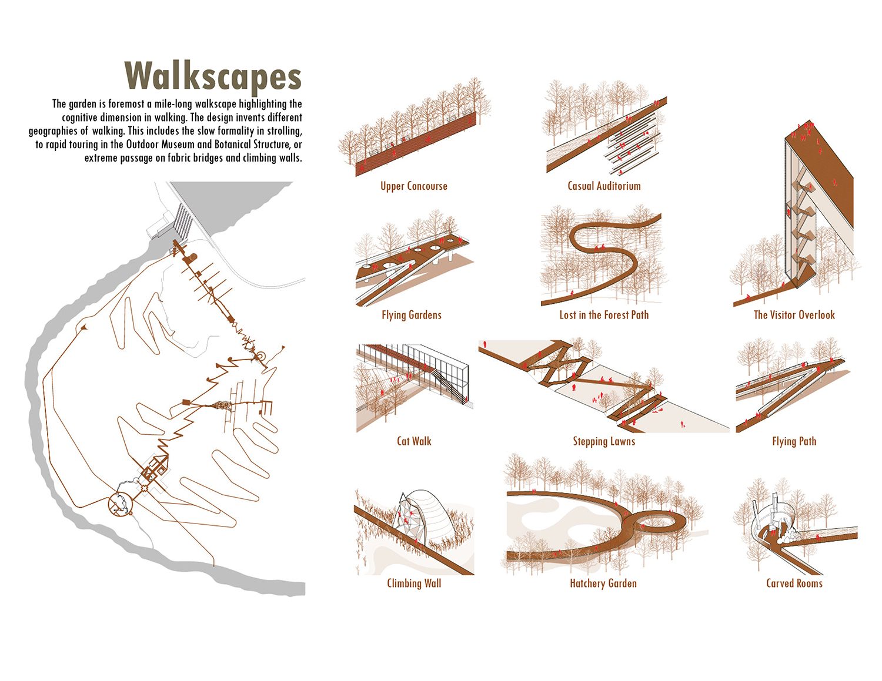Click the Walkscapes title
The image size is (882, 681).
pos(213,76)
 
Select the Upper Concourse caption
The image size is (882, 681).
pos(413,186)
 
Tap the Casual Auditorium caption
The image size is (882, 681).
pos(604,186)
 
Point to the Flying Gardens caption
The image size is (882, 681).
pos(411,315)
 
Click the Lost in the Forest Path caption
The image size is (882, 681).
pos(604,315)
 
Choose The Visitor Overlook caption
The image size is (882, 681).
pos(794,315)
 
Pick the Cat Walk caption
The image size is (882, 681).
pos(414,441)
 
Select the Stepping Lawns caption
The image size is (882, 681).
pos(604,441)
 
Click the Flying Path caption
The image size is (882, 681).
pos(794,441)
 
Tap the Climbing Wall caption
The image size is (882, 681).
pos(414,583)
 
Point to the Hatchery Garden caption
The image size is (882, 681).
pos(603,583)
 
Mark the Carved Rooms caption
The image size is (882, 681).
pos(794,583)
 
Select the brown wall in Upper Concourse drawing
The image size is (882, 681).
pos(416,144)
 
